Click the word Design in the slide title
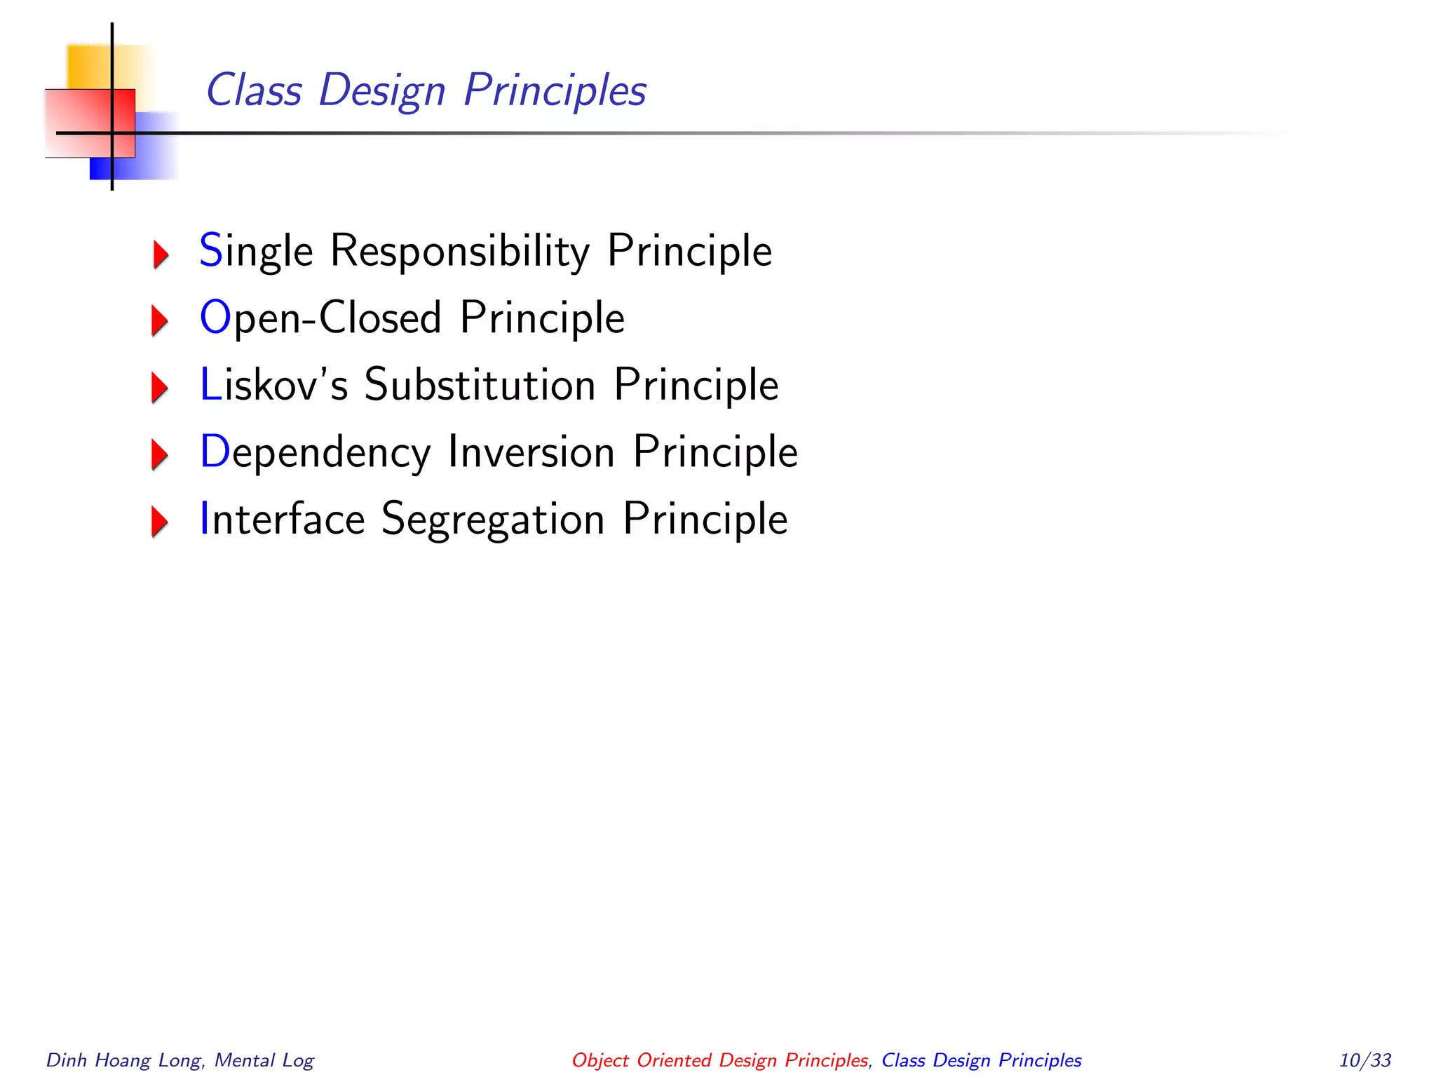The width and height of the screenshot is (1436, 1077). tap(381, 91)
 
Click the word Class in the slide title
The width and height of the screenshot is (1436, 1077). tap(254, 91)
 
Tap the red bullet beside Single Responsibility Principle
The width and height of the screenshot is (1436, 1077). tap(161, 254)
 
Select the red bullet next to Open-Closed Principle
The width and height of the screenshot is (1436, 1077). tap(161, 320)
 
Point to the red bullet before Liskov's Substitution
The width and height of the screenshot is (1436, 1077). tap(161, 387)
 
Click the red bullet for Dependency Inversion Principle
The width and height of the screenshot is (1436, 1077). tap(161, 454)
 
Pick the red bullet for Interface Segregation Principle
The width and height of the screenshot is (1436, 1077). tap(161, 522)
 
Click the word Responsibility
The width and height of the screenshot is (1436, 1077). tap(460, 251)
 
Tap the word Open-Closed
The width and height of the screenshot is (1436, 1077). tap(321, 318)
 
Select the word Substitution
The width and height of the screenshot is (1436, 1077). tap(480, 385)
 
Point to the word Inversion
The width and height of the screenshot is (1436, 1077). tap(531, 452)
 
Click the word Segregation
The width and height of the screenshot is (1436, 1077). tap(493, 520)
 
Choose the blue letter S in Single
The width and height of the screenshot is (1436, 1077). tap(210, 250)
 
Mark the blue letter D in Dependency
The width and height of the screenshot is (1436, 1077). tap(215, 452)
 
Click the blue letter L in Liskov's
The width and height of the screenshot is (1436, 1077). tap(210, 385)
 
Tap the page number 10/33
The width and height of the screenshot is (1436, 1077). tap(1364, 1060)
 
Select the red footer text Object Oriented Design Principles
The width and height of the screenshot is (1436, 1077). tap(719, 1060)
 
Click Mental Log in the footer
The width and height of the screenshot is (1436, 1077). tap(264, 1060)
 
